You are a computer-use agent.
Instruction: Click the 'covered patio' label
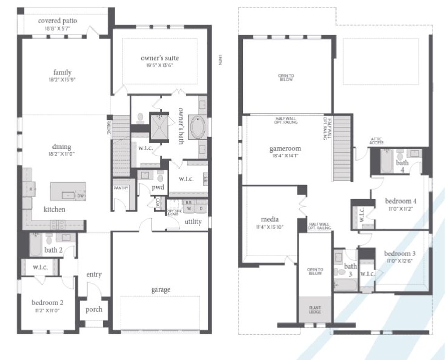(x=57, y=21)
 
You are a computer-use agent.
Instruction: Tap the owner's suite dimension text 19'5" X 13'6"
(x=160, y=65)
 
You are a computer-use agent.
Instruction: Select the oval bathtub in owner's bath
(x=198, y=128)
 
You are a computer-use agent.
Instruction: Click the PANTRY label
(x=121, y=188)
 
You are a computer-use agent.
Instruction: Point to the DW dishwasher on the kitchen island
(x=80, y=196)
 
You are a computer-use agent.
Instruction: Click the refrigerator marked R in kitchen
(x=30, y=189)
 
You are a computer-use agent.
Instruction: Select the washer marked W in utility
(x=189, y=208)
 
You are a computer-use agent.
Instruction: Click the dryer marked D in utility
(x=201, y=208)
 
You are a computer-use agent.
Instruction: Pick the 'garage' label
(x=161, y=289)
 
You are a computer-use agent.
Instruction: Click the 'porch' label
(x=94, y=309)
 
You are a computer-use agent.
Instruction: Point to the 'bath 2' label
(x=53, y=250)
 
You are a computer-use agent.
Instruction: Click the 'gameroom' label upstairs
(x=285, y=149)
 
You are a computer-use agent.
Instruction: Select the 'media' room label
(x=270, y=219)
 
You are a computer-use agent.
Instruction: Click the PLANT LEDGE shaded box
(x=315, y=310)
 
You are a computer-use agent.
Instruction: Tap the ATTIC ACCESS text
(x=377, y=141)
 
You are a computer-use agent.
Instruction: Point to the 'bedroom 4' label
(x=400, y=201)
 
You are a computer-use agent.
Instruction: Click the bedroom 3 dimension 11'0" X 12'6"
(x=399, y=261)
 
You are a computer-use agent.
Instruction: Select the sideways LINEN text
(x=220, y=60)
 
